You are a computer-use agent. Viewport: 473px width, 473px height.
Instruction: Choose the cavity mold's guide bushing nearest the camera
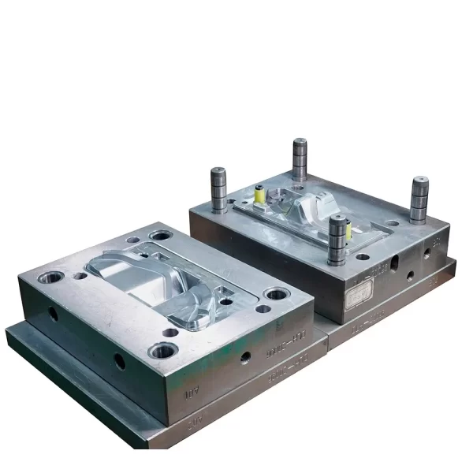click(x=165, y=350)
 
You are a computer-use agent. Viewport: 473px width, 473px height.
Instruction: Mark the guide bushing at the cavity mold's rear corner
click(x=161, y=236)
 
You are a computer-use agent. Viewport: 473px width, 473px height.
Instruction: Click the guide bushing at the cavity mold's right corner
click(x=276, y=295)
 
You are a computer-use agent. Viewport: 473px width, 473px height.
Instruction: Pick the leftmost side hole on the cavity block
click(x=53, y=313)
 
